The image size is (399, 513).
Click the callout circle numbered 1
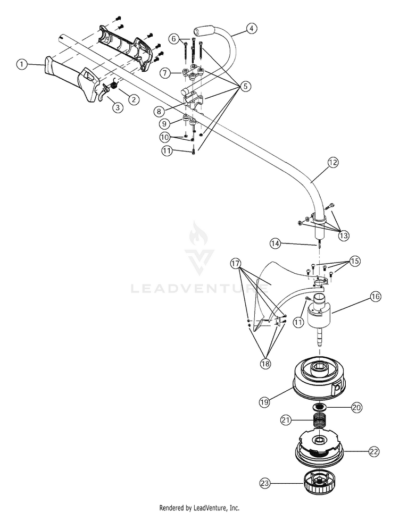click(x=22, y=64)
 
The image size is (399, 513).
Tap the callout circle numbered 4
click(x=252, y=29)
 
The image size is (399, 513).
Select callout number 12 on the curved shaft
click(x=333, y=163)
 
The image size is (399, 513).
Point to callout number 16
click(x=376, y=297)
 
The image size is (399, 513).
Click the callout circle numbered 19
click(x=264, y=402)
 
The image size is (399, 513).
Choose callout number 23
click(x=265, y=483)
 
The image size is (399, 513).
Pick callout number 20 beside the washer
click(x=357, y=407)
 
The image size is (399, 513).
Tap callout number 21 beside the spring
click(x=286, y=420)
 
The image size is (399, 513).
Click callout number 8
click(x=159, y=111)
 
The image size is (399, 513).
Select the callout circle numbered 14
click(x=276, y=243)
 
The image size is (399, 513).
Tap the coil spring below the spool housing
click(x=319, y=421)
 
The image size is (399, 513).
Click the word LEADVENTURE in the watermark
click(x=199, y=288)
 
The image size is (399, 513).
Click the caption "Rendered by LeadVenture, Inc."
click(x=199, y=508)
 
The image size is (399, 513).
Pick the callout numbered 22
click(x=374, y=452)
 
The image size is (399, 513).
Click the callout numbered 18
click(x=265, y=364)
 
